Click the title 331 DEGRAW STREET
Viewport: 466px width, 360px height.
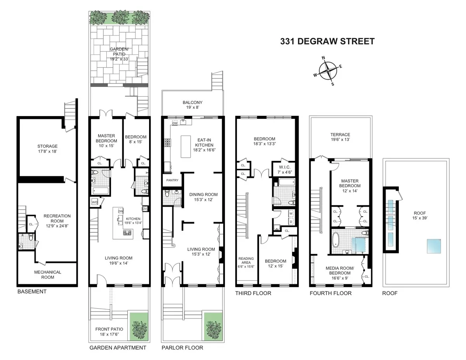[327, 41]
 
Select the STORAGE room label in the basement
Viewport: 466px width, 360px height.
[48, 149]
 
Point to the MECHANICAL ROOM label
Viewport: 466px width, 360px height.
[48, 275]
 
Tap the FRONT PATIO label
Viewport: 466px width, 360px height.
[109, 332]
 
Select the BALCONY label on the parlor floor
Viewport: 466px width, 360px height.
[193, 105]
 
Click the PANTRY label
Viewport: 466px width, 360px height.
[172, 180]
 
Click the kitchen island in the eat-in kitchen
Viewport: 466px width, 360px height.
[186, 146]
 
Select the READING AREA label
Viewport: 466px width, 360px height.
[246, 263]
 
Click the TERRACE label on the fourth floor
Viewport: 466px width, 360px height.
[340, 137]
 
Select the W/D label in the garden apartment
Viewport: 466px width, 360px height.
[95, 202]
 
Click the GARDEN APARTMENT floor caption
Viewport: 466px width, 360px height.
[118, 348]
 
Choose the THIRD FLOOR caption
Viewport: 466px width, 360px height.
[253, 293]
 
